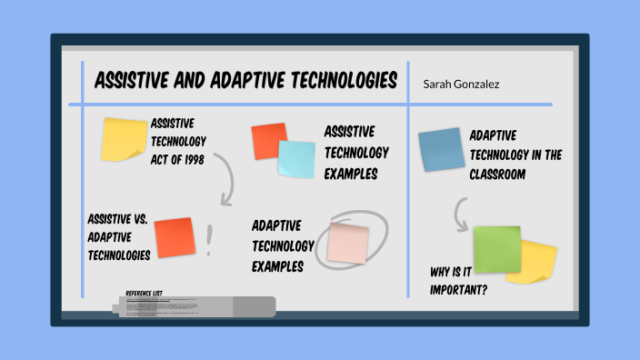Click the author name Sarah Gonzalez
coord(460,84)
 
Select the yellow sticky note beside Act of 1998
coord(124,138)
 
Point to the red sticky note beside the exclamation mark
coord(175,237)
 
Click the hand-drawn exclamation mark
coord(209,239)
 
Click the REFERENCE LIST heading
coord(145,293)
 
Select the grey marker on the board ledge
coord(195,307)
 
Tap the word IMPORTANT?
coord(459,290)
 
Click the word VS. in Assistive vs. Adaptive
coord(141,219)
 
